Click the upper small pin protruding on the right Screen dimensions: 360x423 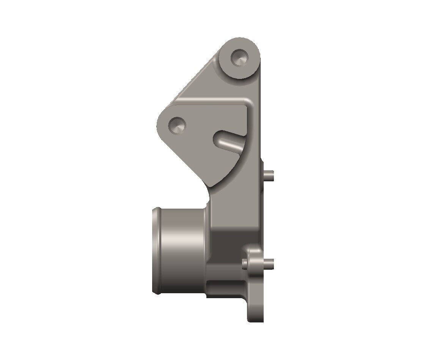269,175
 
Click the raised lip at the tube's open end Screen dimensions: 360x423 155,250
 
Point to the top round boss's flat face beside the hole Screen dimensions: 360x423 248,66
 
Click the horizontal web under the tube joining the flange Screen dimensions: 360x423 226,289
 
